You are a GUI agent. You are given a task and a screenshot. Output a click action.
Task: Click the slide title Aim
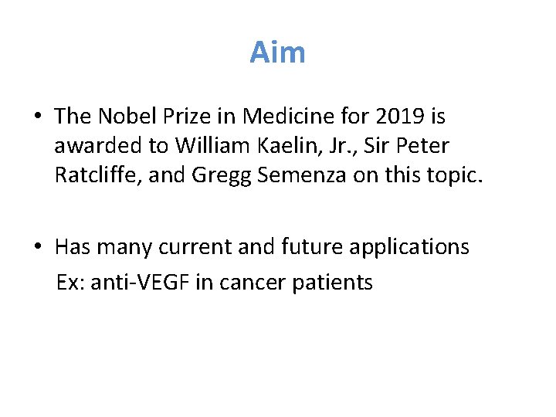(x=277, y=53)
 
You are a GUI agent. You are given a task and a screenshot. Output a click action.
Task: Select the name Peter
(x=423, y=146)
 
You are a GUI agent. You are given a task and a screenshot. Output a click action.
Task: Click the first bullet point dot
(x=37, y=117)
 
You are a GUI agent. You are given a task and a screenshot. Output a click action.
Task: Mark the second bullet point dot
(x=37, y=247)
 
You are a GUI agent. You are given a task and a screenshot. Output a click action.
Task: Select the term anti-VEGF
(x=141, y=283)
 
